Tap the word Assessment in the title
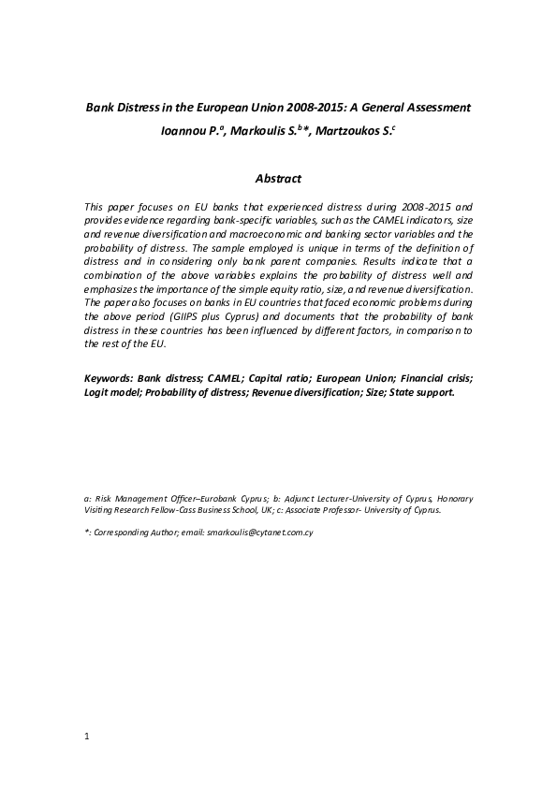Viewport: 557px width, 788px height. pos(435,108)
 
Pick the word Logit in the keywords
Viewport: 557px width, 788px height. pos(97,392)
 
